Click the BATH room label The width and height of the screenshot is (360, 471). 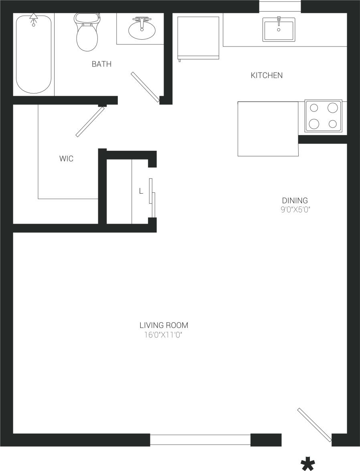tap(101, 64)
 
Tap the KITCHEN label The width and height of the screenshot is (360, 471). tap(267, 75)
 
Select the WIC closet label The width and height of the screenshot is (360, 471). tap(66, 159)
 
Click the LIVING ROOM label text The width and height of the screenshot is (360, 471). tap(164, 325)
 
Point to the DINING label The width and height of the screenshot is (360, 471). tap(295, 200)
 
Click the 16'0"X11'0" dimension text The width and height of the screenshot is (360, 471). tap(164, 335)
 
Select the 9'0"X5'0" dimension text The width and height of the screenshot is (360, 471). tap(296, 209)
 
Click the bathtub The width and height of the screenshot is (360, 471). tap(34, 54)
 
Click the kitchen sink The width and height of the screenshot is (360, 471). tap(279, 29)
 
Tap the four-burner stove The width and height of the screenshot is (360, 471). tap(323, 116)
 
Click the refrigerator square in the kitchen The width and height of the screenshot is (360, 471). tap(198, 38)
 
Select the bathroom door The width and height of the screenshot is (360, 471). tap(145, 87)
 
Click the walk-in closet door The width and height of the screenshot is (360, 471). tap(90, 122)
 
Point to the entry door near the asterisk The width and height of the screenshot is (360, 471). tap(315, 425)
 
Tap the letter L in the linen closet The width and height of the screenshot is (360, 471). tap(141, 192)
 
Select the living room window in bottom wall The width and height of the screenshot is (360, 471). tap(200, 440)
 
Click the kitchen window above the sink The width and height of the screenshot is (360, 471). tap(279, 6)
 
